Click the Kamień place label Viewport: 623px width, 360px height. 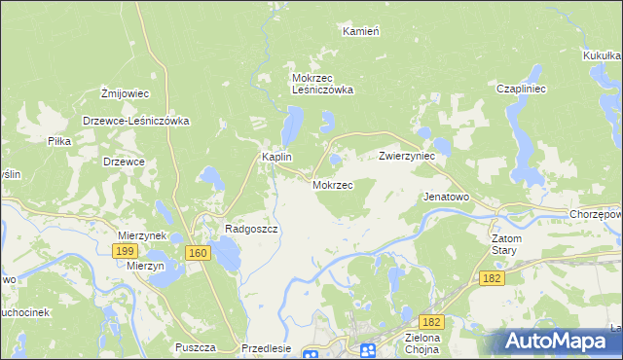click(360, 31)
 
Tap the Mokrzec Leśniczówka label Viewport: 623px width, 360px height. click(322, 84)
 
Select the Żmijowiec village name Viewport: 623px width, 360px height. click(125, 93)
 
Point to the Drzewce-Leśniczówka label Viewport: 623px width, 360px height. click(135, 122)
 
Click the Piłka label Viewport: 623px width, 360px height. click(59, 141)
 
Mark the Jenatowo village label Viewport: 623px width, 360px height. click(446, 197)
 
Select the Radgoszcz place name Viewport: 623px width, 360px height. click(252, 229)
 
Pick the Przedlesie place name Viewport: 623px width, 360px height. click(266, 347)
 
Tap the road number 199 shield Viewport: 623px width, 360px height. click(124, 251)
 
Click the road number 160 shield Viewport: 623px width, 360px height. click(198, 253)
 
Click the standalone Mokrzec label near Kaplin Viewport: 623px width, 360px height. click(332, 184)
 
